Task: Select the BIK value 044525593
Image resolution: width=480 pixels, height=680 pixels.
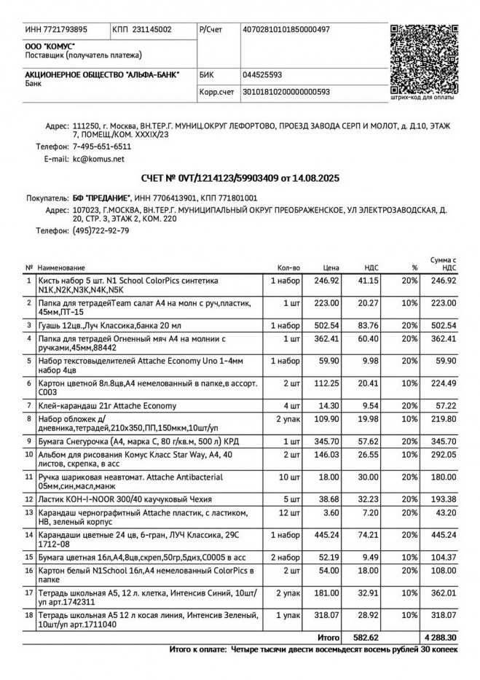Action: (262, 74)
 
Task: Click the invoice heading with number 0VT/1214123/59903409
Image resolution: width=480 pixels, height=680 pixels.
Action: (240, 178)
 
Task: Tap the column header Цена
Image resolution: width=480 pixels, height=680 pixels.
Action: (331, 267)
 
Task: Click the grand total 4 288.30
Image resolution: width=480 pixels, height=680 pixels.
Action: (440, 637)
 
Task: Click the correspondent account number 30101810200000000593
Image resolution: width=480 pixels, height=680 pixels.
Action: (286, 92)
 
